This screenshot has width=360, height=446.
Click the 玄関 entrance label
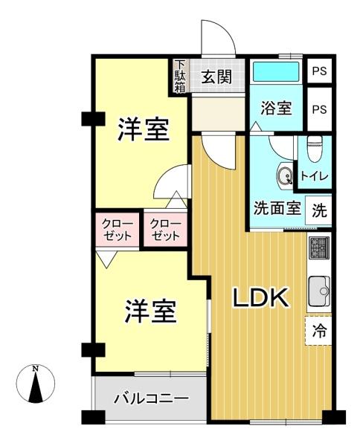pyautogui.click(x=216, y=77)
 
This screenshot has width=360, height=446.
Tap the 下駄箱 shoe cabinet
pyautogui.click(x=180, y=76)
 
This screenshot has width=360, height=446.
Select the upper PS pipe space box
pyautogui.click(x=320, y=71)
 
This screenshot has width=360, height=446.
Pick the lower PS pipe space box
pyautogui.click(x=320, y=109)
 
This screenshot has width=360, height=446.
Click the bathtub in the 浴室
pyautogui.click(x=276, y=71)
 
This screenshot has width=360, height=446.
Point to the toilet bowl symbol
pyautogui.click(x=315, y=149)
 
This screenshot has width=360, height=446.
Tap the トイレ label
pyautogui.click(x=315, y=176)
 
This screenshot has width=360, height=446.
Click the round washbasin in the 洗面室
pyautogui.click(x=285, y=174)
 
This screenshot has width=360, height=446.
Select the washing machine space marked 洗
pyautogui.click(x=319, y=210)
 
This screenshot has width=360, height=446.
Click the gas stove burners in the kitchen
pyautogui.click(x=319, y=248)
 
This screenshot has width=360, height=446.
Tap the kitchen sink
pyautogui.click(x=319, y=291)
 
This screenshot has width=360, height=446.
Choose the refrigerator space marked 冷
pyautogui.click(x=319, y=331)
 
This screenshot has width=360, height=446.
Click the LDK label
pyautogui.click(x=261, y=297)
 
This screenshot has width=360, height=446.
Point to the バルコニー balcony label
pyautogui.click(x=151, y=398)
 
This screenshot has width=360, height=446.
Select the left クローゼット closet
pyautogui.click(x=117, y=230)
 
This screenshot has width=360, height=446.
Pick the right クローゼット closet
pyautogui.click(x=165, y=230)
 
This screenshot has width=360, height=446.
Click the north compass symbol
pyautogui.click(x=36, y=384)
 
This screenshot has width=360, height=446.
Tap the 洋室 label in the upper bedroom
pyautogui.click(x=144, y=129)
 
